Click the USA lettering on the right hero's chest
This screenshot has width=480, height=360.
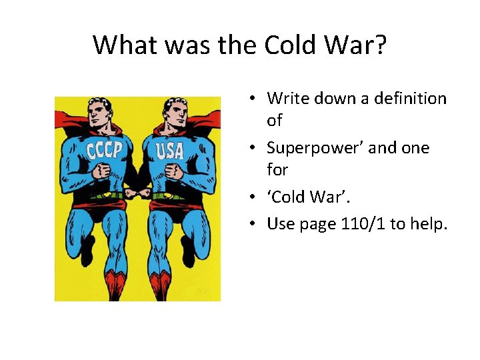(170, 151)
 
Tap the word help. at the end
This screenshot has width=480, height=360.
(429, 223)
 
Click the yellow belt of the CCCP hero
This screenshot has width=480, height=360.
(104, 196)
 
